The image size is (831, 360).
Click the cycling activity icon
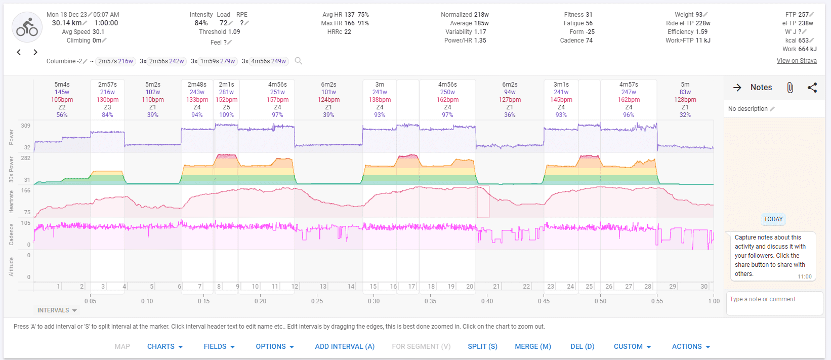[27, 27]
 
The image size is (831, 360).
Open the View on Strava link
[797, 61]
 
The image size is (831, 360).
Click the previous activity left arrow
[19, 52]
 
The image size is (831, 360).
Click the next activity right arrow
[35, 52]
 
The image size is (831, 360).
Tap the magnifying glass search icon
[299, 61]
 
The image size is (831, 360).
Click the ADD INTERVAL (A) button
[345, 346]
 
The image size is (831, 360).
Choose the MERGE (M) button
[533, 346]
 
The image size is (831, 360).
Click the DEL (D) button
[583, 346]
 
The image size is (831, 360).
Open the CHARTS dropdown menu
[165, 346]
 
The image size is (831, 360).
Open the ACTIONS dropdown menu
[691, 346]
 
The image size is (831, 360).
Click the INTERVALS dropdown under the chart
[57, 310]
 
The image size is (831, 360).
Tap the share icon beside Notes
[812, 88]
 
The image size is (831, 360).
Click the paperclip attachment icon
[790, 88]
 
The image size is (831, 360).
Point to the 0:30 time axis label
[373, 301]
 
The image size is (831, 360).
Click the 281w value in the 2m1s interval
[226, 92]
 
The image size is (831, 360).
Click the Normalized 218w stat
[465, 15]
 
